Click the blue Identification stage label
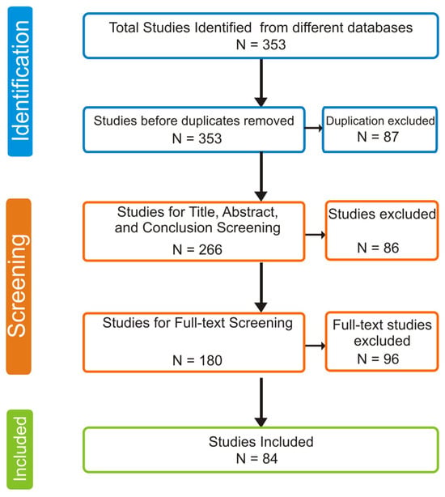point(20,81)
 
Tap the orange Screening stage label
point(19,287)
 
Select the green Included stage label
point(19,449)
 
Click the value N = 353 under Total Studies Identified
point(261,45)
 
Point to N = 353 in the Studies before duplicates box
point(197,138)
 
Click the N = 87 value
point(378,137)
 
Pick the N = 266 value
point(197,250)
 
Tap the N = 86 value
point(378,248)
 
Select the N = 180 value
point(197,360)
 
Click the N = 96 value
point(378,359)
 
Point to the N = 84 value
point(256,459)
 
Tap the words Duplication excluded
point(380,121)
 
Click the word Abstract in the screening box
point(250,212)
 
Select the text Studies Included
point(261,442)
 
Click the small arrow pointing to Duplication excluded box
point(314,128)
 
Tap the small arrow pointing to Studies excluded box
point(316,235)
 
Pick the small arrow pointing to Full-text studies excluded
point(316,346)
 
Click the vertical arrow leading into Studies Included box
point(261,402)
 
